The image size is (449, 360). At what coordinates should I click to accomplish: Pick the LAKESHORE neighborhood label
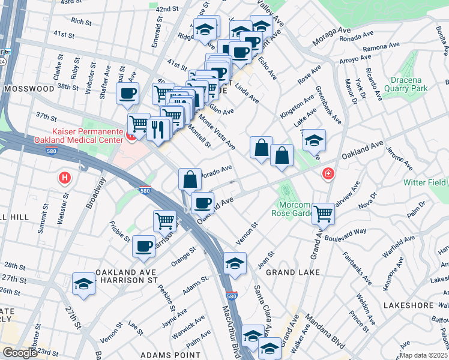coord(424,305)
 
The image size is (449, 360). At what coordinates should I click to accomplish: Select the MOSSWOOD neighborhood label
coord(29,88)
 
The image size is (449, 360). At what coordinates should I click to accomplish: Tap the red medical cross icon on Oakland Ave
coord(328,175)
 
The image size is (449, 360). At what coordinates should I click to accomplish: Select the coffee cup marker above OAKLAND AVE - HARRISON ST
coord(143,246)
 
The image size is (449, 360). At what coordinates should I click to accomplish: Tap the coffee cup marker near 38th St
coord(128,93)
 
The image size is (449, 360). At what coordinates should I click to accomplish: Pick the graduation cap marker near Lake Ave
coord(313,140)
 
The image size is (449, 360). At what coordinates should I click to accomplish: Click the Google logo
coord(20,353)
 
